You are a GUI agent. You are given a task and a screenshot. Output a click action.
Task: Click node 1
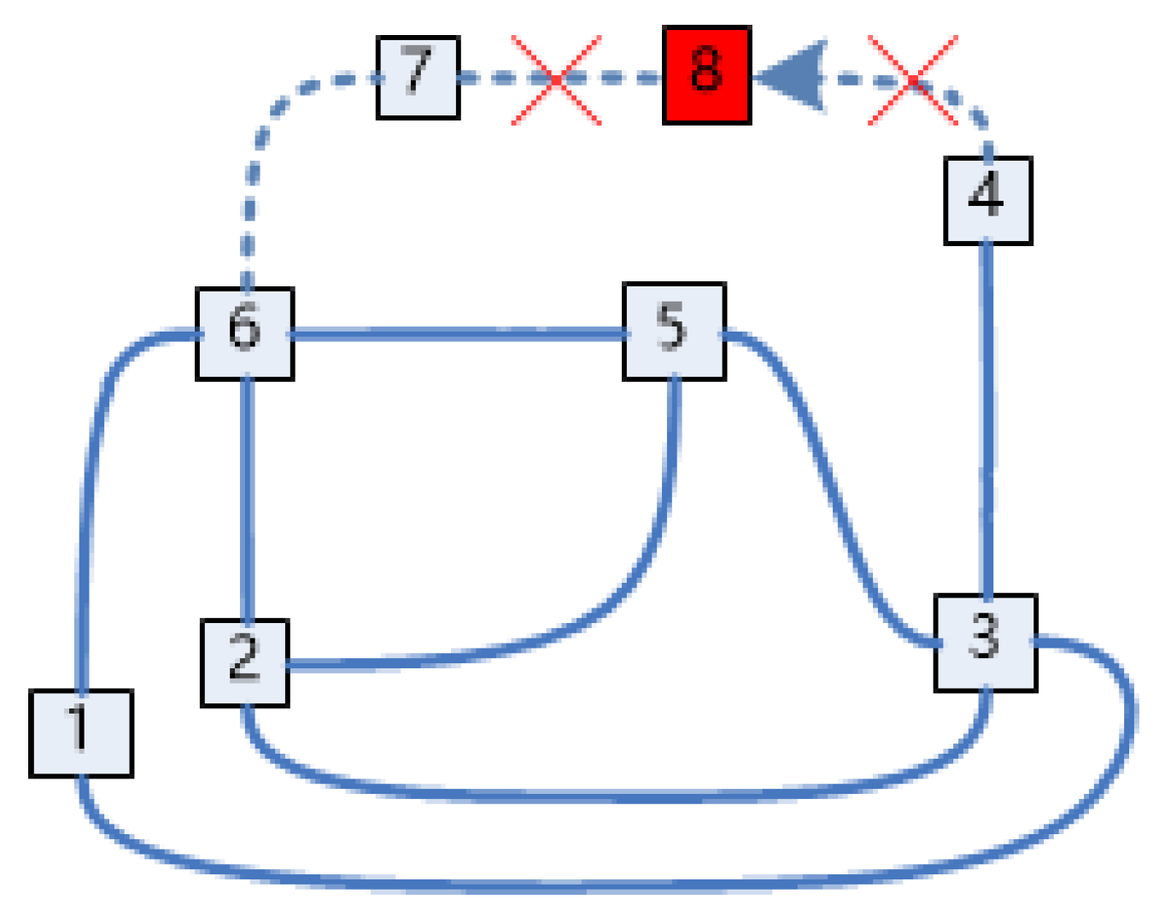click(x=81, y=732)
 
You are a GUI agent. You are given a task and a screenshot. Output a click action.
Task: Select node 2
click(x=244, y=662)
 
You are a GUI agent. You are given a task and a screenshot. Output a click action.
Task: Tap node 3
click(x=986, y=642)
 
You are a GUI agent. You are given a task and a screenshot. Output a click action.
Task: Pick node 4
click(x=987, y=201)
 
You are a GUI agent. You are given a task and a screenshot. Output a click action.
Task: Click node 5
click(x=674, y=331)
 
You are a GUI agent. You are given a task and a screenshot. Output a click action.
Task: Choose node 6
click(x=245, y=333)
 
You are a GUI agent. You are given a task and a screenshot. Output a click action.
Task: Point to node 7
click(x=418, y=77)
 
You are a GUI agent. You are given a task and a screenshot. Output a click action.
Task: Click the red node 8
click(x=706, y=75)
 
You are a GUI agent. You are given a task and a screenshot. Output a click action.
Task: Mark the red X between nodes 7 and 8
click(x=556, y=79)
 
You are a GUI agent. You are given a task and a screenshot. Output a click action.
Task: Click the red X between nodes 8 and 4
click(x=913, y=79)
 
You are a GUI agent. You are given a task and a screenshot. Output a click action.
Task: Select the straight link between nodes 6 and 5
click(x=459, y=334)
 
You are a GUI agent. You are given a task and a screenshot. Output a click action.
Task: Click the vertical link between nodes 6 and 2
click(x=248, y=500)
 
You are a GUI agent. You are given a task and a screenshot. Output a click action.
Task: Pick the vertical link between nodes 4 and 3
click(x=987, y=419)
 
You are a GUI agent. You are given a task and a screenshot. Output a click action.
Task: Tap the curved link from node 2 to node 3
click(x=615, y=796)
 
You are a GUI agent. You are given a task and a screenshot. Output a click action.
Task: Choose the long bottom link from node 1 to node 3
click(x=598, y=884)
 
